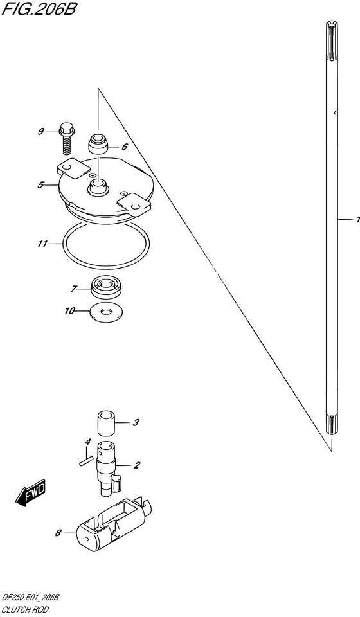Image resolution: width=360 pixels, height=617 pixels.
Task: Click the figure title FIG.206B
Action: pos(39,8)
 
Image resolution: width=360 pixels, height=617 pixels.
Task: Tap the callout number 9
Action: pos(41,131)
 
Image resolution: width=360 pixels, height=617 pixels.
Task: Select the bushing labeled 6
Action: pos(98,145)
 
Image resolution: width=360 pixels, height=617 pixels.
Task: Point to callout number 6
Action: pos(124,147)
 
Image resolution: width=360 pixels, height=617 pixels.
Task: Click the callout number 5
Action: pos(40,184)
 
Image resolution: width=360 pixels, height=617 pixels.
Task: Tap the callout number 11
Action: pos(42,244)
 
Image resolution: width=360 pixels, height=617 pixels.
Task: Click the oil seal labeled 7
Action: pos(107,286)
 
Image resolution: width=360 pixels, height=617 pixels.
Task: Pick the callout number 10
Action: pos(69,311)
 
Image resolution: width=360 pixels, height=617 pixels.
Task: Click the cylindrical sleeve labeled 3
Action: pos(106,423)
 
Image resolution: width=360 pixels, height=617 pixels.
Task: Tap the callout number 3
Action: pos(136,423)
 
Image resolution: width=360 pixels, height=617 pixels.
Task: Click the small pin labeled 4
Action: pos(86,461)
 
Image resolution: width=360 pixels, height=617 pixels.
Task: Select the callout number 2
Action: pos(137,465)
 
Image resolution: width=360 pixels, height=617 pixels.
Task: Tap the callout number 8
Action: pos(59,533)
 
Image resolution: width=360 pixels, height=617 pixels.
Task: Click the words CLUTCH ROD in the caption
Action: pos(25,609)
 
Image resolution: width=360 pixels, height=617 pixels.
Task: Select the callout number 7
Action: pos(73,289)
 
